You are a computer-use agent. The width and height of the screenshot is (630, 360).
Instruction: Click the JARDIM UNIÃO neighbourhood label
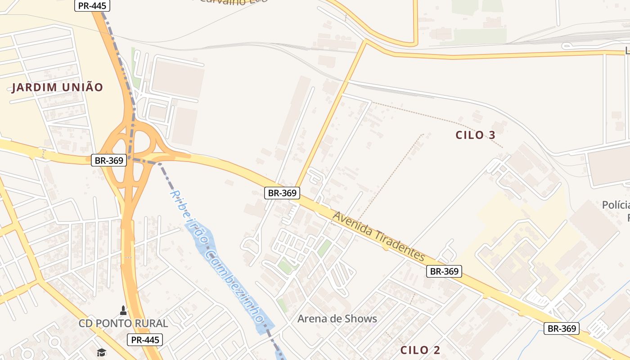(x=58, y=87)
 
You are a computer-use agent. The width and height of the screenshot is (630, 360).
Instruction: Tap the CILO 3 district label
(x=475, y=135)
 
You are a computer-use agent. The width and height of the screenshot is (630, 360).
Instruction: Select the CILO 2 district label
(x=420, y=350)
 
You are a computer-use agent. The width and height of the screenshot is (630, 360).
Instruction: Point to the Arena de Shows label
(x=337, y=319)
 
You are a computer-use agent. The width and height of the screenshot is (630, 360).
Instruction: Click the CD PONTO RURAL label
(x=123, y=323)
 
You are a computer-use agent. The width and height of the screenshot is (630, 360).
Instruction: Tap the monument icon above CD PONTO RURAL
(x=123, y=310)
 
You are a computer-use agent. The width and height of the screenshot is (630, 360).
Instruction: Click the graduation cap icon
(x=101, y=352)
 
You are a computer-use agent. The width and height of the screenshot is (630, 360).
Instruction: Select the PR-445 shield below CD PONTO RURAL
(x=144, y=340)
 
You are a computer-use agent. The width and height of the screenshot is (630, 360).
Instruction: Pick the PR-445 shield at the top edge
(x=92, y=5)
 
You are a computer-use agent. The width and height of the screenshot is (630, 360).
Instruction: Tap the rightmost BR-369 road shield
(x=561, y=328)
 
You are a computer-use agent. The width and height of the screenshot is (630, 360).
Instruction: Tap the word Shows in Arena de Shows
(x=360, y=319)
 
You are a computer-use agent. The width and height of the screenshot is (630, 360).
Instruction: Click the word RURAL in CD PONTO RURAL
(x=151, y=323)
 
